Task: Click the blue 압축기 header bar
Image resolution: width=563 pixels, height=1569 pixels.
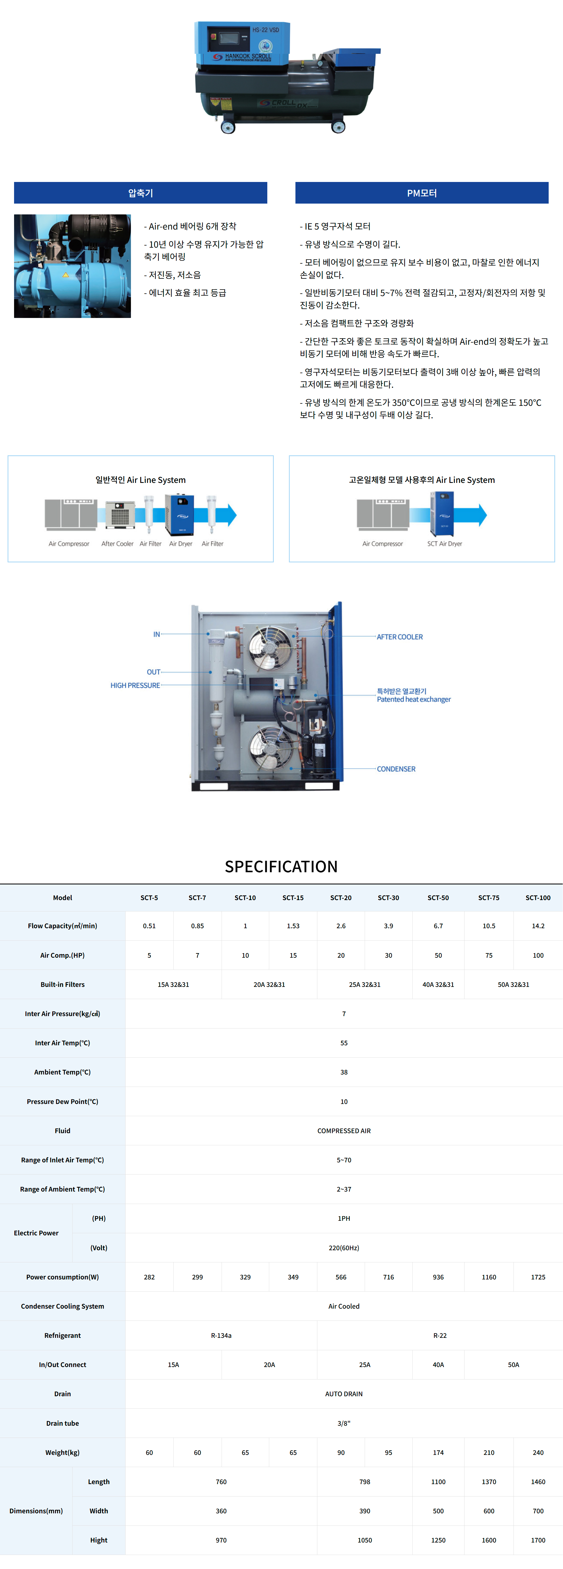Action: (x=140, y=193)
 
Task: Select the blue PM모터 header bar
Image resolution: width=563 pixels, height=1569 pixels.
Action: (x=422, y=193)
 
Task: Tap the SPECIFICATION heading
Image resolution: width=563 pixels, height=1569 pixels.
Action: (x=281, y=866)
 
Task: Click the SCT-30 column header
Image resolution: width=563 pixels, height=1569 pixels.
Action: (x=388, y=898)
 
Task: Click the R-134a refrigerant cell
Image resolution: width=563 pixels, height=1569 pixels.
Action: (x=221, y=1336)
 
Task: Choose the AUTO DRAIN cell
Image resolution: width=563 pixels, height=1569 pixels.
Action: (x=344, y=1394)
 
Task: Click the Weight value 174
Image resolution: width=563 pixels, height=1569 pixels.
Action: (x=438, y=1453)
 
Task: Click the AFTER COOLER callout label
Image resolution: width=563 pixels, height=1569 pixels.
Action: (x=400, y=637)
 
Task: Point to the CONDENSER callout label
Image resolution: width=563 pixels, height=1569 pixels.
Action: (x=396, y=769)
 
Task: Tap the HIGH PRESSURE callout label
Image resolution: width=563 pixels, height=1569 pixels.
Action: (x=135, y=686)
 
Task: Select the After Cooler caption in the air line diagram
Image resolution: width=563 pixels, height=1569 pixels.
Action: (x=117, y=544)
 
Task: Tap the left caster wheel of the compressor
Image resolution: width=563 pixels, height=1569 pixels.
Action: (x=228, y=127)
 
